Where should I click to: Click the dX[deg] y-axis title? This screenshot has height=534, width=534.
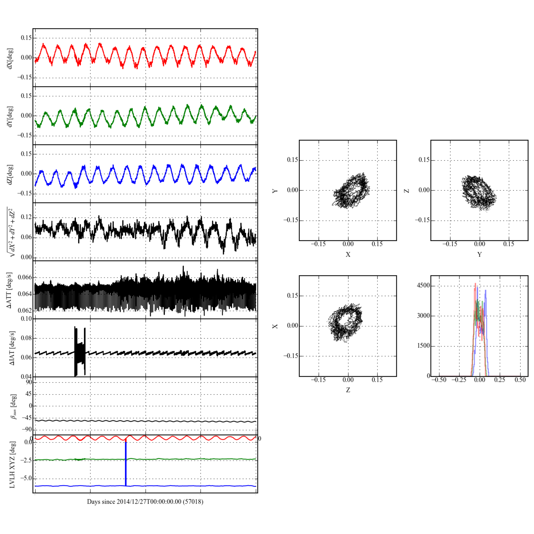(10, 58)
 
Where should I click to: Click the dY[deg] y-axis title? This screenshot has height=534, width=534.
(10, 116)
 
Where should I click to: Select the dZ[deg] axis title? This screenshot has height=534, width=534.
(10, 175)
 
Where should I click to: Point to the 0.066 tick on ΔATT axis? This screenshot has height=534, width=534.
(25, 277)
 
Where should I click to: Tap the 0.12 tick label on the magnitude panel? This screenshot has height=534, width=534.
(26, 217)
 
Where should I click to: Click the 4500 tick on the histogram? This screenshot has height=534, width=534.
(423, 285)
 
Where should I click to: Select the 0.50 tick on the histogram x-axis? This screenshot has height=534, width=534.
(520, 380)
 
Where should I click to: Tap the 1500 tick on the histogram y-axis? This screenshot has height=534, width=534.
(423, 346)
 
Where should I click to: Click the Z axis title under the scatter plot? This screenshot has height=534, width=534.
(348, 390)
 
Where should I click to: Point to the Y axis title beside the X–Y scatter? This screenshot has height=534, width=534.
(275, 191)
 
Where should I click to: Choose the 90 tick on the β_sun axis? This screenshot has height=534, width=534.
(29, 382)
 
